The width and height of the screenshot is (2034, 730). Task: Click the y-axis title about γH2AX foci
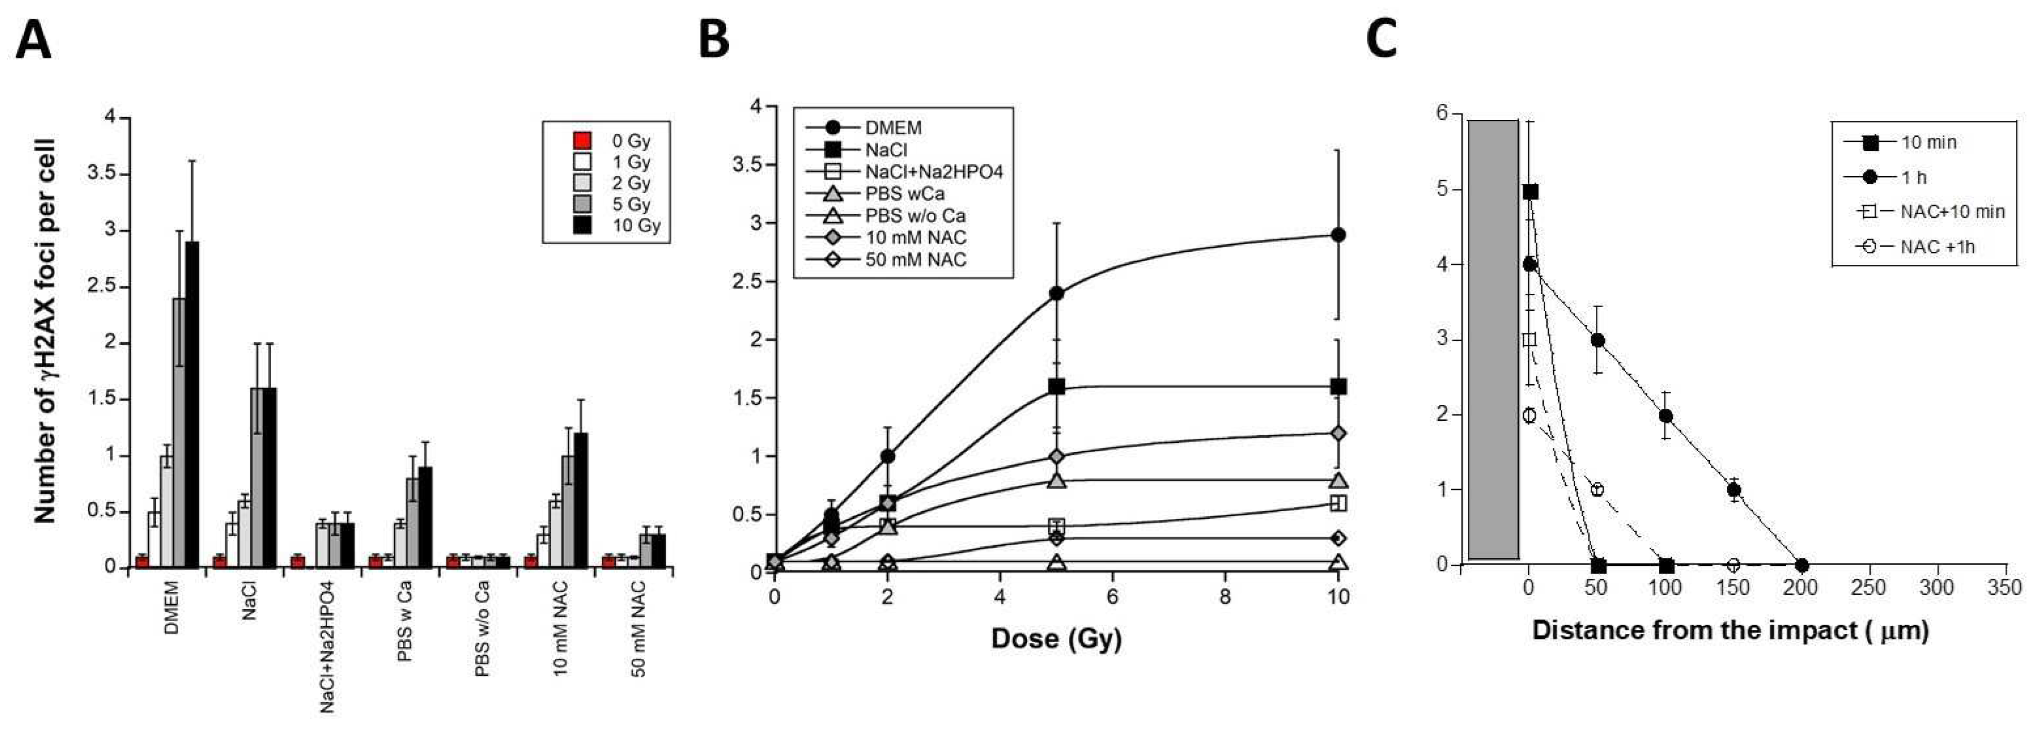46,332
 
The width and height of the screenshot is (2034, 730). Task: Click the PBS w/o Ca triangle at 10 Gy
1338,562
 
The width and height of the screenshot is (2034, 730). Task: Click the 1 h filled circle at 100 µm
1666,416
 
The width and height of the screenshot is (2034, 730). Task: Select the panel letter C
1382,40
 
